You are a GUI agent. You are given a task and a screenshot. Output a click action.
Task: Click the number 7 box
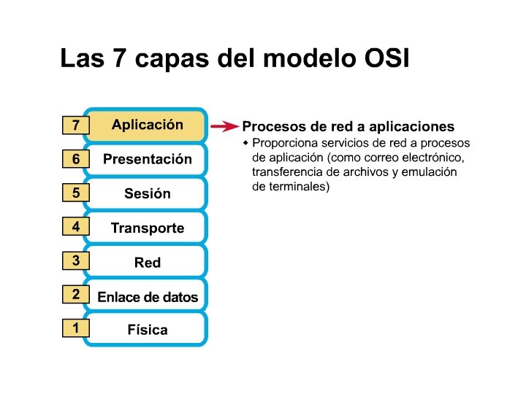tap(75, 125)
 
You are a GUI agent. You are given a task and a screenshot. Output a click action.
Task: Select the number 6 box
tap(75, 159)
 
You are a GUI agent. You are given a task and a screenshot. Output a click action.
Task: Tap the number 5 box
tap(75, 193)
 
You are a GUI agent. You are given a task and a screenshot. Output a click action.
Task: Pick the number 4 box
tap(75, 227)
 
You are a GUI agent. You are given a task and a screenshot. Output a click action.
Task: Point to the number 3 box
tap(75, 260)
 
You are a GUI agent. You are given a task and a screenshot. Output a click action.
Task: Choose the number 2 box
tap(75, 295)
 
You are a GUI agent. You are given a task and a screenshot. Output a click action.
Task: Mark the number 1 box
tap(75, 328)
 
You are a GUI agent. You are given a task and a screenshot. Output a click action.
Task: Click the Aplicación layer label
tap(148, 125)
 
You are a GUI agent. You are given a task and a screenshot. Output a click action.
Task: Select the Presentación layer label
tap(148, 159)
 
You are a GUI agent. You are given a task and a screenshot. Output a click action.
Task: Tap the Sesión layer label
tap(148, 193)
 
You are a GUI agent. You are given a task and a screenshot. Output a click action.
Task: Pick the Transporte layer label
tap(148, 228)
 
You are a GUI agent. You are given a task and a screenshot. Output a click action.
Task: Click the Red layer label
tap(148, 262)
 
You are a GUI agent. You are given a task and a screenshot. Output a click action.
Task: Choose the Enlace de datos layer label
tap(148, 296)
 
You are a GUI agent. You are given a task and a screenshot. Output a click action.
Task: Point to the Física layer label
tap(148, 330)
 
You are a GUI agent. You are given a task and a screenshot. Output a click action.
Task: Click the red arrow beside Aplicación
tap(224, 126)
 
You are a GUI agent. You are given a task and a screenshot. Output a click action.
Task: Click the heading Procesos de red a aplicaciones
tap(348, 126)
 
